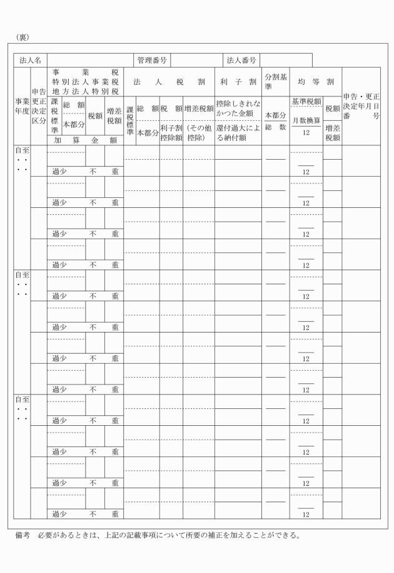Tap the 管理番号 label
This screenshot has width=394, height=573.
point(152,60)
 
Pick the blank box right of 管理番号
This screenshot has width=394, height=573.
point(196,60)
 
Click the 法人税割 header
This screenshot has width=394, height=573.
point(169,81)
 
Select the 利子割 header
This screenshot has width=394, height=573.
point(238,81)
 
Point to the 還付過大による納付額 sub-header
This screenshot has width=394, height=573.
point(238,132)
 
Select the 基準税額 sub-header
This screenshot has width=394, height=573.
point(306,101)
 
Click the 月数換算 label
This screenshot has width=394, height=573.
point(306,120)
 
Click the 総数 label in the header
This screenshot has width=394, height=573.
point(275,127)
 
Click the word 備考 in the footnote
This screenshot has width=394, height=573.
point(22,535)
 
